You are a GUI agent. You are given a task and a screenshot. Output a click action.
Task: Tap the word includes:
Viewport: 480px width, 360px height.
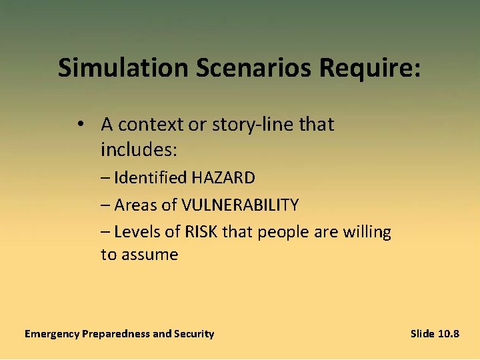(139, 150)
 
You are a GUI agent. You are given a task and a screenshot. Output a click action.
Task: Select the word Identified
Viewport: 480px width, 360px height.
(151, 178)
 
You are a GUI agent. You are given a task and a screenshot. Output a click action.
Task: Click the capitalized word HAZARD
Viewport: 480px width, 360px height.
(223, 178)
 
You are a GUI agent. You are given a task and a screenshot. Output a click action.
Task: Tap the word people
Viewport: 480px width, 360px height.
(279, 233)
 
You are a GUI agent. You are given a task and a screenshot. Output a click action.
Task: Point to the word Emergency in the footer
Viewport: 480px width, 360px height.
(51, 334)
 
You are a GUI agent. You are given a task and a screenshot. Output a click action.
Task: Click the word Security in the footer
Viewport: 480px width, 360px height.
(194, 334)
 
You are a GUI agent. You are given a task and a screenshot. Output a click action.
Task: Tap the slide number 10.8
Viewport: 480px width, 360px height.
(449, 333)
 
